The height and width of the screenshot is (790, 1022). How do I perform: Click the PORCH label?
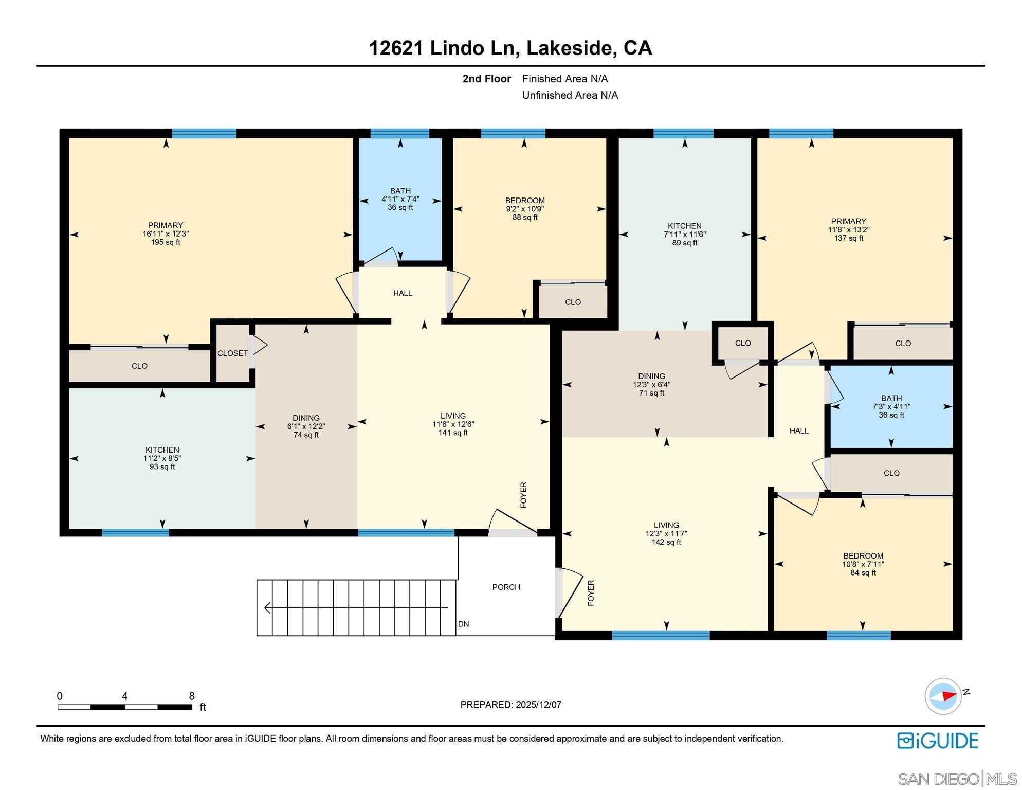click(x=506, y=587)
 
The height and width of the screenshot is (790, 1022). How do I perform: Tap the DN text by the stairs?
click(x=463, y=624)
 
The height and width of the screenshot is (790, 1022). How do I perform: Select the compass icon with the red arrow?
click(x=943, y=696)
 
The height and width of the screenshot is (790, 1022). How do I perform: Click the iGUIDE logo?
click(x=938, y=741)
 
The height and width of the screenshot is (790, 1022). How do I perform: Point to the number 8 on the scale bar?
click(x=192, y=696)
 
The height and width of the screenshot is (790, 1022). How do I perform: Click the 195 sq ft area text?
click(x=165, y=242)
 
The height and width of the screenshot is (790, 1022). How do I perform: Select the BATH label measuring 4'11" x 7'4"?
click(x=400, y=191)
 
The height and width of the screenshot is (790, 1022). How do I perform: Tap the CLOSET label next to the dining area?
click(x=232, y=353)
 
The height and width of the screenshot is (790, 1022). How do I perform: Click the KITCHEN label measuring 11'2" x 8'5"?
click(x=162, y=450)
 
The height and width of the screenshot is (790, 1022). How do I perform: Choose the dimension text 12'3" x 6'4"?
click(x=651, y=385)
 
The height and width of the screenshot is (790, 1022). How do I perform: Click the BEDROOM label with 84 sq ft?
click(x=863, y=555)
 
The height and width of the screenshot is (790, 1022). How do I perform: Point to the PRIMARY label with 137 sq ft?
click(x=848, y=221)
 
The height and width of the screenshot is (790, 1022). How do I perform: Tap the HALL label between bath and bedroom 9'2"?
click(x=403, y=293)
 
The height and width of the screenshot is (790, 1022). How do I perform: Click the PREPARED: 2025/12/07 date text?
click(x=510, y=705)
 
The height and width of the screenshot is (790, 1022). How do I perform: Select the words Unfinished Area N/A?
click(x=570, y=95)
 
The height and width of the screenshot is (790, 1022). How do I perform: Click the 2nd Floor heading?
click(x=486, y=79)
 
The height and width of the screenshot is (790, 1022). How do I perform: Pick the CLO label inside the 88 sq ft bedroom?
click(x=573, y=302)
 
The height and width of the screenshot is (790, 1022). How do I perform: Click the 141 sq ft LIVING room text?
click(x=453, y=433)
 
